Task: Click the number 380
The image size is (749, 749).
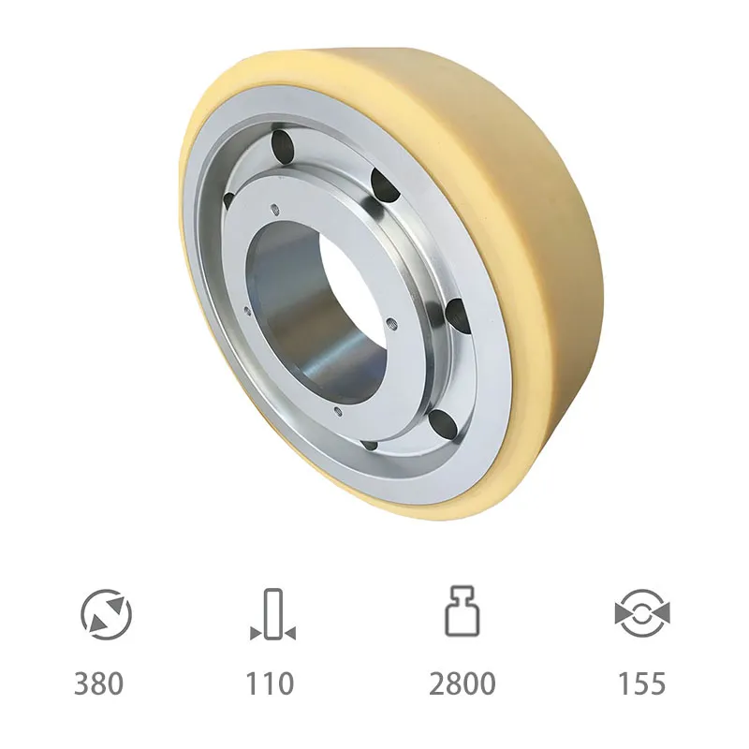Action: [x=98, y=683]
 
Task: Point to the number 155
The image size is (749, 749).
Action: [x=641, y=683]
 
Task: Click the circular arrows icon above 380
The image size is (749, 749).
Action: [x=106, y=615]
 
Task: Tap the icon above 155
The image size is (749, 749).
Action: [x=641, y=615]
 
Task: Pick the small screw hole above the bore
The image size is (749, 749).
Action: [x=274, y=208]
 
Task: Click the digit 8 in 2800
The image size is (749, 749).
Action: [x=453, y=683]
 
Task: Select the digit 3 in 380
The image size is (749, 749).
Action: [x=82, y=683]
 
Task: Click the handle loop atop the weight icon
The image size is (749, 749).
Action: [x=463, y=595]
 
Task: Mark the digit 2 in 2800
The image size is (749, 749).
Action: [x=436, y=683]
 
